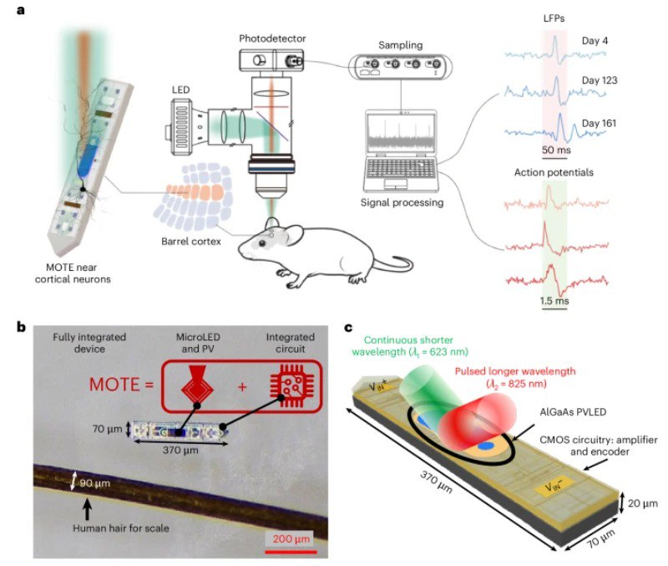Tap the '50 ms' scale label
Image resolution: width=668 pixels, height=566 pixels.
(557, 150)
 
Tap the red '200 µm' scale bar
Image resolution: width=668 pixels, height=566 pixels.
(292, 551)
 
